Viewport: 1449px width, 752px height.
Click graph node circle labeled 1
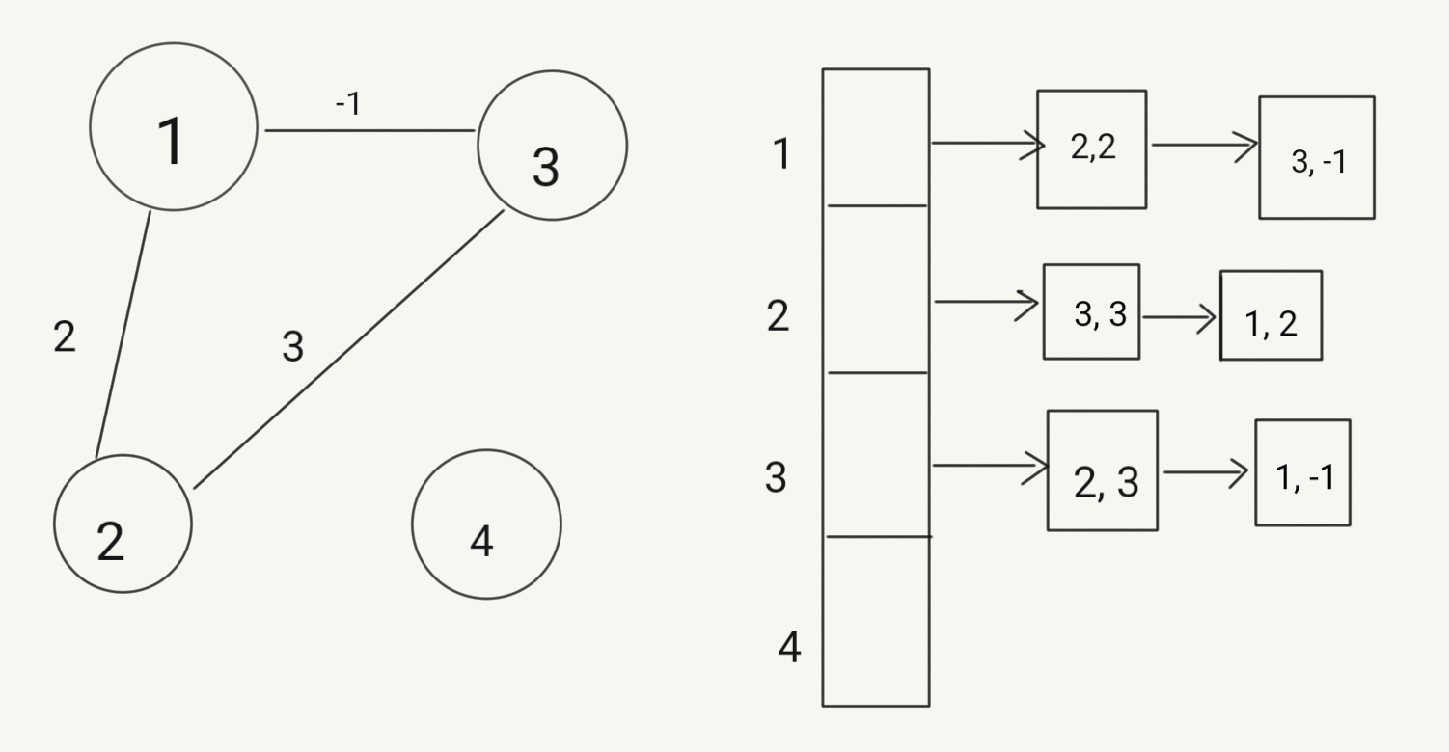pos(174,126)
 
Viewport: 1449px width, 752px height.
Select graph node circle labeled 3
pos(553,146)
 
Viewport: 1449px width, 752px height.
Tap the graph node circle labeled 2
pos(123,524)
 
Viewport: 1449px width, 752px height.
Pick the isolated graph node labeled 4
pos(486,524)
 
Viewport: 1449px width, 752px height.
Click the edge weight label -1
pos(347,103)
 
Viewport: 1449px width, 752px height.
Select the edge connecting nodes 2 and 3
pos(348,349)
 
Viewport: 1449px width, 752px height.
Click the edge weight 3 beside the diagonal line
pos(292,346)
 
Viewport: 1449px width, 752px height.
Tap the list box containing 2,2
pos(1091,149)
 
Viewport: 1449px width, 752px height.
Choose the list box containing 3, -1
pos(1316,157)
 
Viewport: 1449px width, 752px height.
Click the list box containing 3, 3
pos(1091,311)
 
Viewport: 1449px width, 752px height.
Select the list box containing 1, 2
pos(1271,315)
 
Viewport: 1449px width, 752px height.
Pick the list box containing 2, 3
pos(1102,470)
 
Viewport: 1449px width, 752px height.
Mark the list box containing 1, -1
pos(1302,472)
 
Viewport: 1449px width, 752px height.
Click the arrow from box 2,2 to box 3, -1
pos(1203,146)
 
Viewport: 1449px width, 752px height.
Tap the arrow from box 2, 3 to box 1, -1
pos(1206,472)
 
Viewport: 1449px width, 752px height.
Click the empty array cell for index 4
pos(876,621)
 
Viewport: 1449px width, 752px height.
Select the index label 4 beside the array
pos(789,648)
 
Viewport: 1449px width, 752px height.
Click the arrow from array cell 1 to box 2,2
pos(987,144)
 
